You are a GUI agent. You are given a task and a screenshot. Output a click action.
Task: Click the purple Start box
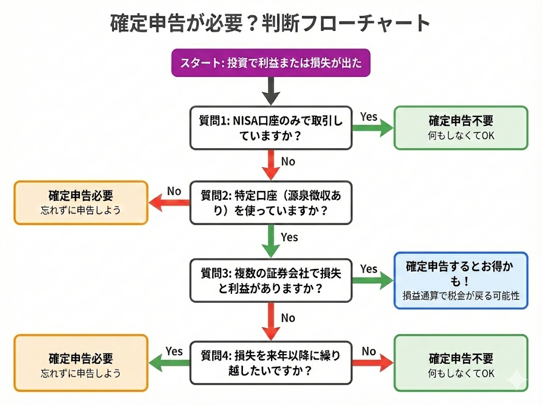click(x=270, y=63)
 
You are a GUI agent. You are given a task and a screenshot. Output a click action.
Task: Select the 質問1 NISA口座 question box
click(x=270, y=128)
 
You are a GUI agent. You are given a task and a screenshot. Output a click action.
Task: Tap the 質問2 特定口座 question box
click(x=270, y=203)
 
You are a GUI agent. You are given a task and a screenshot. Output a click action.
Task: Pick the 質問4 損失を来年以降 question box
click(x=270, y=363)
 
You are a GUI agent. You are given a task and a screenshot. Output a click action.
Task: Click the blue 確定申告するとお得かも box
click(x=460, y=280)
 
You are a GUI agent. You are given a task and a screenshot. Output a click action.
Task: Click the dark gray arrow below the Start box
click(x=271, y=92)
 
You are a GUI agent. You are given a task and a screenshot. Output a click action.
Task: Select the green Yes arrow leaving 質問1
click(x=373, y=128)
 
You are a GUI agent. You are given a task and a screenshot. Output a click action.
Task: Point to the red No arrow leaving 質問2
click(x=169, y=203)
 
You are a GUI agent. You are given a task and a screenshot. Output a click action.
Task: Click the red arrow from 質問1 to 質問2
click(x=271, y=165)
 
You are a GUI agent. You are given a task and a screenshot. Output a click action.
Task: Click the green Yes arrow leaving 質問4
click(x=169, y=363)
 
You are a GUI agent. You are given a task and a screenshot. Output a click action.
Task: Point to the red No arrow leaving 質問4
click(x=373, y=363)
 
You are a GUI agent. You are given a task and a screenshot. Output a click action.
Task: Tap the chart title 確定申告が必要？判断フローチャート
click(x=270, y=23)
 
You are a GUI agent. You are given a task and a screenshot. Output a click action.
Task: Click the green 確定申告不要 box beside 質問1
click(x=460, y=128)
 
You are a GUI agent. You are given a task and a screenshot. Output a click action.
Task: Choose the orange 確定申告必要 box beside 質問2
click(x=80, y=203)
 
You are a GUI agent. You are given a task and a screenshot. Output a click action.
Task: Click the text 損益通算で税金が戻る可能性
click(x=460, y=295)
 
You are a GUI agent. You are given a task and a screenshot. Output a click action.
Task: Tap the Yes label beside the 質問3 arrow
click(x=368, y=269)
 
